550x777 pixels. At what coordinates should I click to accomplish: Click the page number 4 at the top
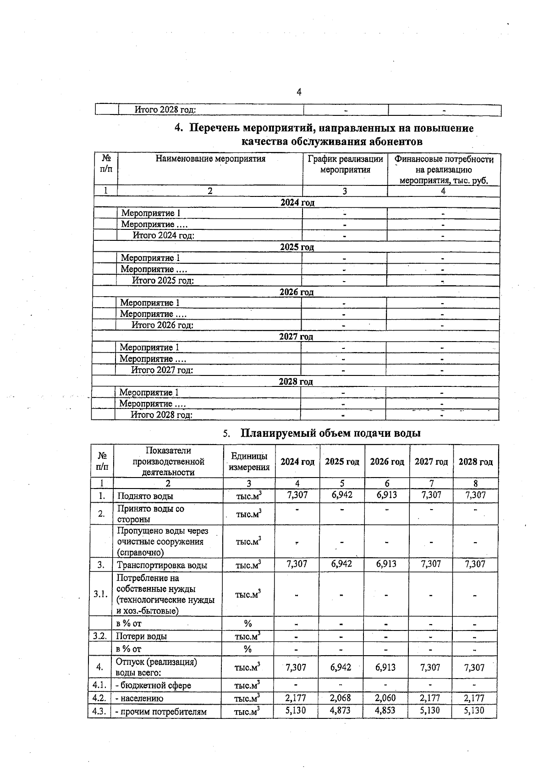[x=299, y=92]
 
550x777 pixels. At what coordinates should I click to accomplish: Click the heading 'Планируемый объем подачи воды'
[x=330, y=433]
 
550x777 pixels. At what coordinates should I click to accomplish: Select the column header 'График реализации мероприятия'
[x=345, y=164]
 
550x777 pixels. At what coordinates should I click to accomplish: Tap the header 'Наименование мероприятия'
[x=210, y=159]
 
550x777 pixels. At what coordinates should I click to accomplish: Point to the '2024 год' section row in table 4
[x=297, y=202]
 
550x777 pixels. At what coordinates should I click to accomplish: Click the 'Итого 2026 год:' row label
[x=162, y=325]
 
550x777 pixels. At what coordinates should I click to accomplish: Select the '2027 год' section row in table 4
[x=296, y=337]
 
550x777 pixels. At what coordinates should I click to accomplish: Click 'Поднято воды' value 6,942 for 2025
[x=342, y=495]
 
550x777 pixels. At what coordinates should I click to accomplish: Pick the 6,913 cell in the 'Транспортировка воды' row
[x=386, y=564]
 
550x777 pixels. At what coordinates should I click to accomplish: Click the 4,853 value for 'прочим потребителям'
[x=385, y=711]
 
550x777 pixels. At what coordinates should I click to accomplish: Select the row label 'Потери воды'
[x=141, y=636]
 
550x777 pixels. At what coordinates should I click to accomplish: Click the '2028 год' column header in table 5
[x=475, y=462]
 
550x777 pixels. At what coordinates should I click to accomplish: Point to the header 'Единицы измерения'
[x=249, y=462]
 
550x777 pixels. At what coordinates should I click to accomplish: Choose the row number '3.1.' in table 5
[x=100, y=594]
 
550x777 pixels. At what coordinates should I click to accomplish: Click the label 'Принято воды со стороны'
[x=150, y=514]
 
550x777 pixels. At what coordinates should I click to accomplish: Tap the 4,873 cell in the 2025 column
[x=341, y=711]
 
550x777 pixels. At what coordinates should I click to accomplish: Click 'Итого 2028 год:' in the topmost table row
[x=165, y=110]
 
